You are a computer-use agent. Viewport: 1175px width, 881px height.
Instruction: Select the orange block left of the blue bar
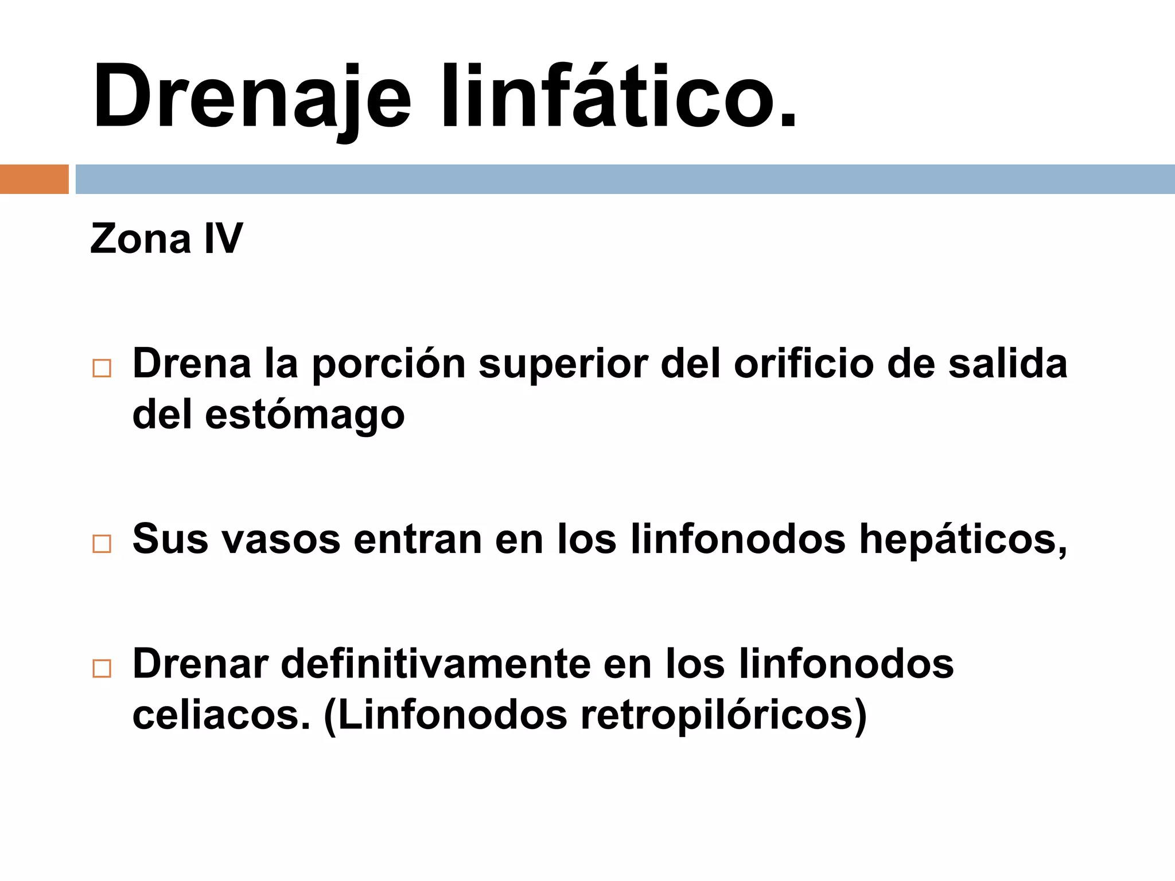point(34,179)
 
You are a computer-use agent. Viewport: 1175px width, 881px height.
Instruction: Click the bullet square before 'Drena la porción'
point(102,368)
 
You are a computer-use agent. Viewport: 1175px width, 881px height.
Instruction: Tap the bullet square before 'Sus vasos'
point(102,544)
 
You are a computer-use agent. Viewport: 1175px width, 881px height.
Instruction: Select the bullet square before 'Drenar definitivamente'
point(102,668)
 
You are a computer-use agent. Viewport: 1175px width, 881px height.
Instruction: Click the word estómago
point(304,416)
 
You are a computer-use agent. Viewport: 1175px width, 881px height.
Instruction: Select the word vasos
point(281,540)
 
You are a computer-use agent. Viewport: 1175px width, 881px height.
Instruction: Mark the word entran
point(418,540)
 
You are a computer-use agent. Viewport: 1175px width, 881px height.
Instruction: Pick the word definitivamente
point(435,664)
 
